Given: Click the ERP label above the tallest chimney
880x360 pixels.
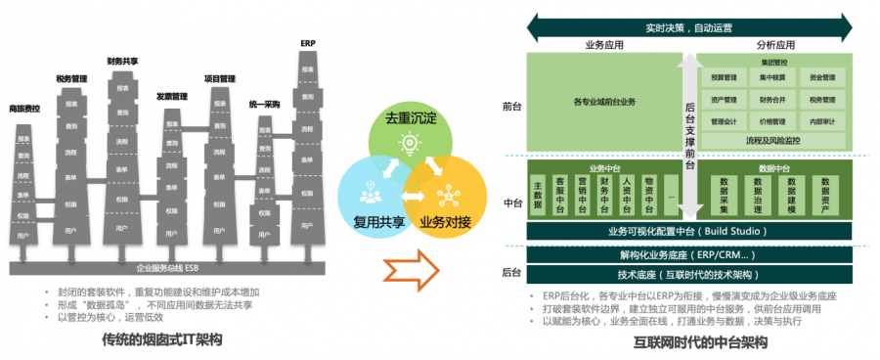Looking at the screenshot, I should click(307, 43).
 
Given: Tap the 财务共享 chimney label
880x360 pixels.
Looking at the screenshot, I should click(122, 61).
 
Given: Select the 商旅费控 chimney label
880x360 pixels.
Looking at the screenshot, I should click(24, 108).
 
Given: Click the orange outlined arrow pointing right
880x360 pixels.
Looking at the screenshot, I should click(408, 264).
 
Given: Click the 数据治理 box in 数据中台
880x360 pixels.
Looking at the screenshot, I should click(758, 195).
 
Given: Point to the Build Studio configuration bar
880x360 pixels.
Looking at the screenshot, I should click(686, 232).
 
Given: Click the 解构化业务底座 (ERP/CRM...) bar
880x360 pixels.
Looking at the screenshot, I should click(686, 254).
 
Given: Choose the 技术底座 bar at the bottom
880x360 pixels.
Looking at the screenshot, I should click(686, 275).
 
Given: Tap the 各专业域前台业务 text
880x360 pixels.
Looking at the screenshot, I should click(604, 100).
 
